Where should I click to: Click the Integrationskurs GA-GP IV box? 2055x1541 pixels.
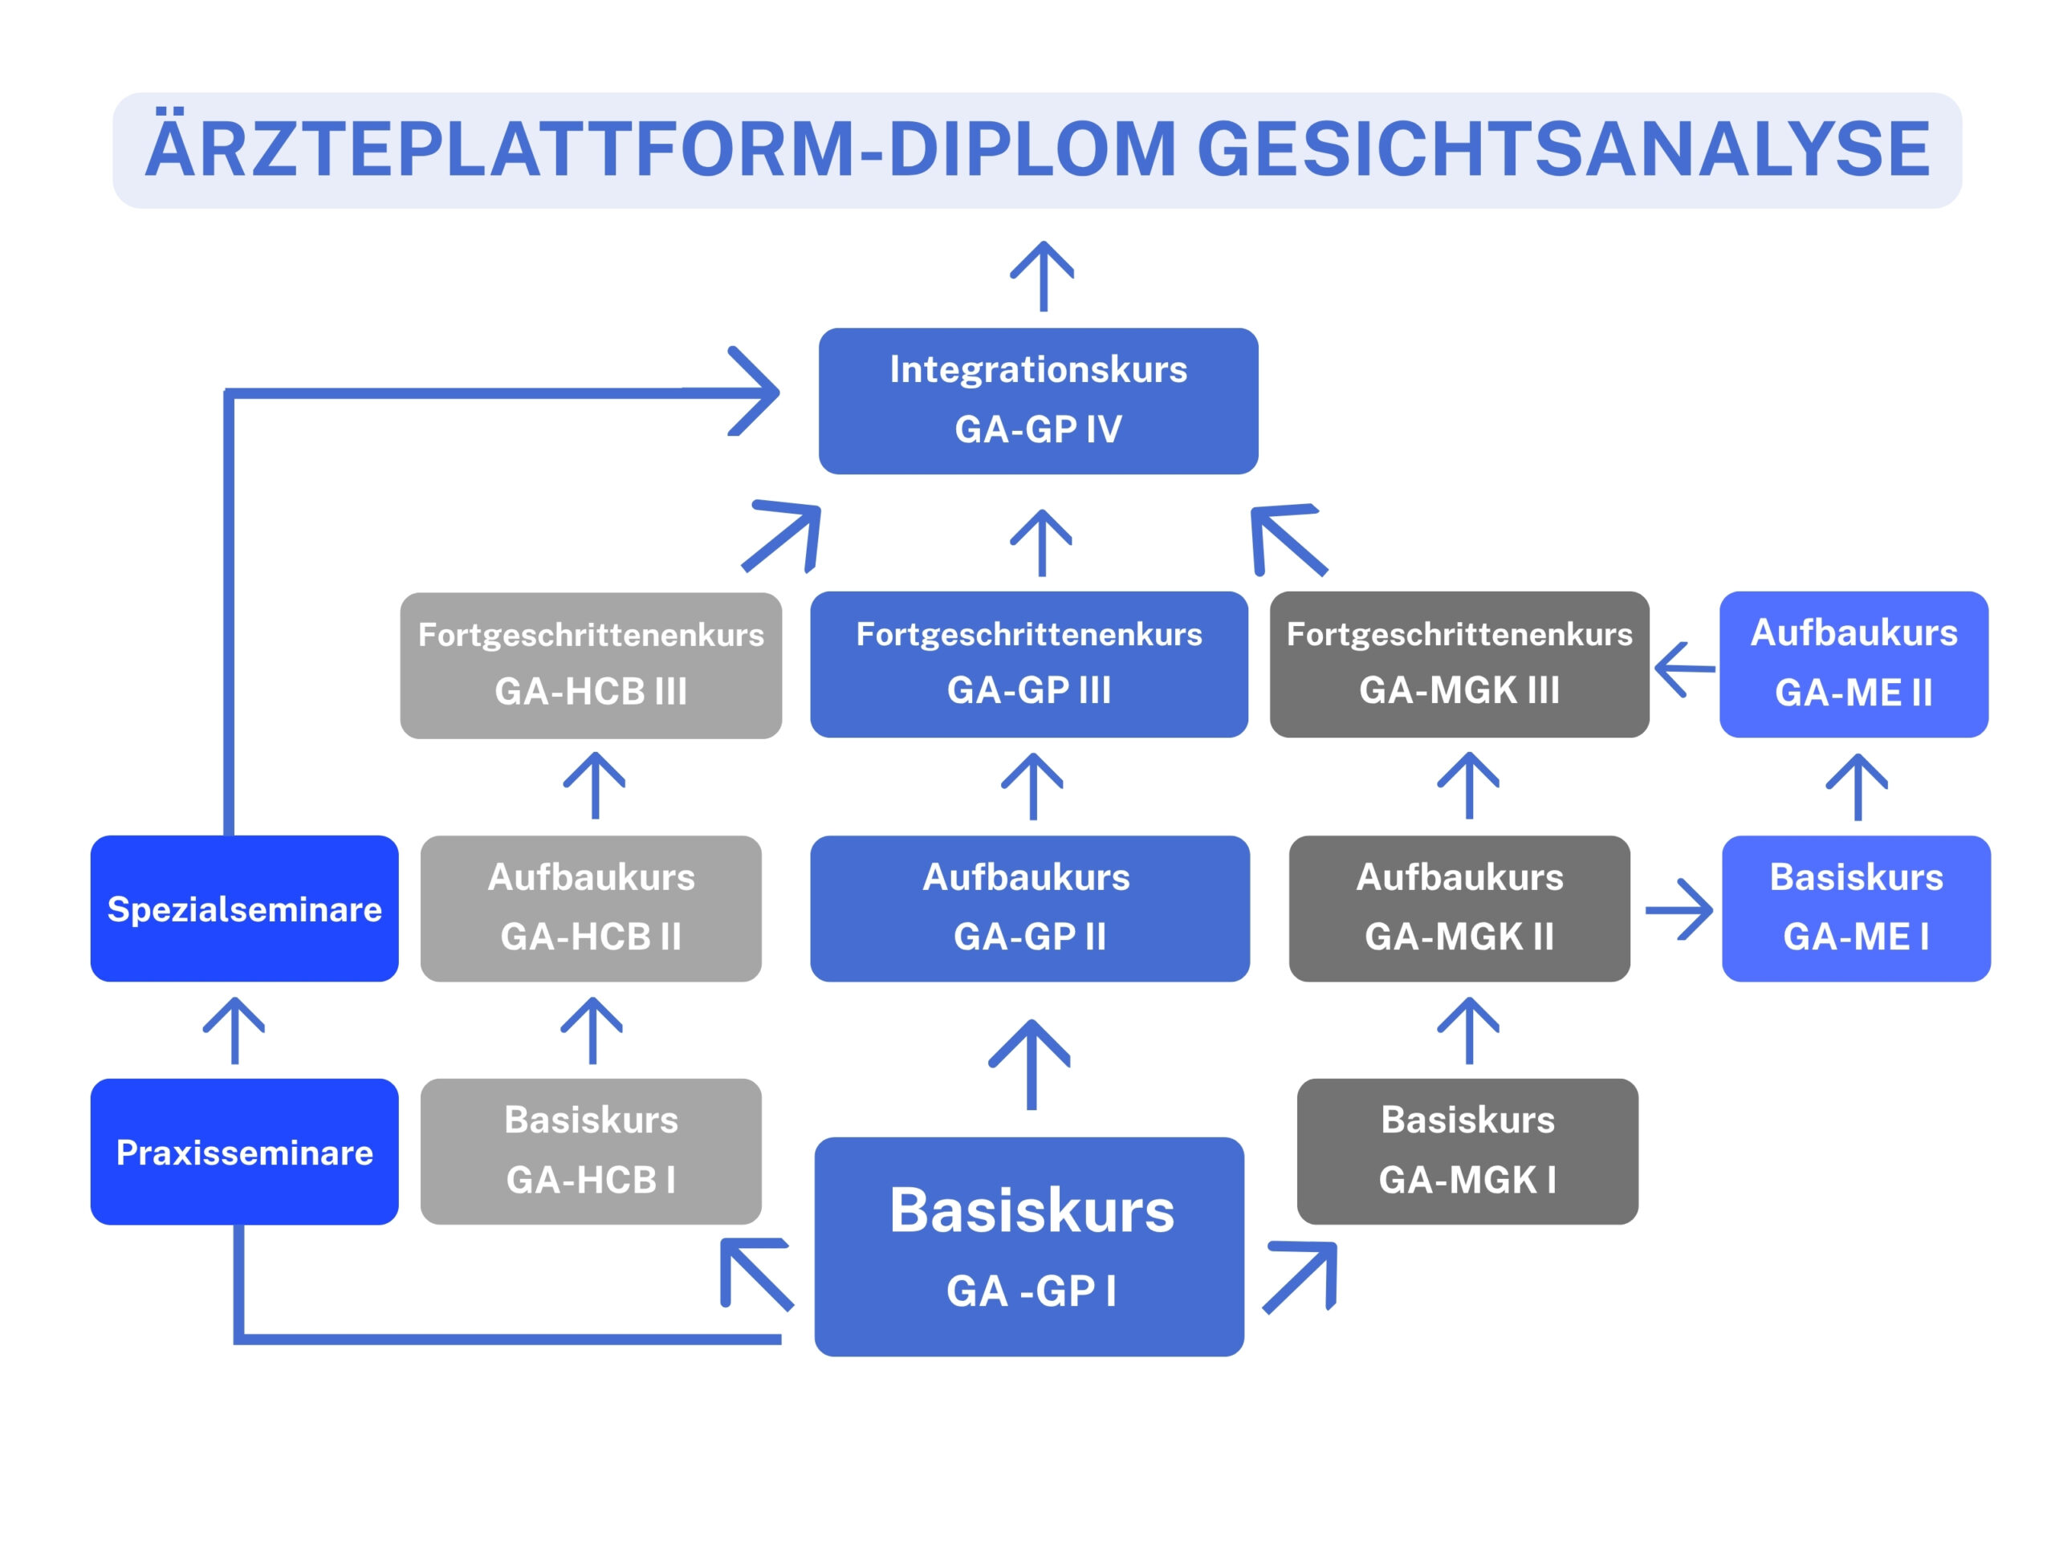click(x=1038, y=400)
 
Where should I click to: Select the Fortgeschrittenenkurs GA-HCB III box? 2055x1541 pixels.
click(x=591, y=665)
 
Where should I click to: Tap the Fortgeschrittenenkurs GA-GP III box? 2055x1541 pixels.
click(x=1028, y=664)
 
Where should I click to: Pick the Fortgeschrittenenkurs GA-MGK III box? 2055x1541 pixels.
click(x=1459, y=664)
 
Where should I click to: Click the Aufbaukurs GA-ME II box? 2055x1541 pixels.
click(x=1854, y=664)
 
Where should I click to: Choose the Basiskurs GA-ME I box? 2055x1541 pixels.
click(x=1855, y=909)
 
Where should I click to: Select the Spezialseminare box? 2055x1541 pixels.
click(x=244, y=909)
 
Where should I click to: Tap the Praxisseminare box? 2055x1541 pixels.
click(x=244, y=1152)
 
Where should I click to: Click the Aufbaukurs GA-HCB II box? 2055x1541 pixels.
click(x=591, y=909)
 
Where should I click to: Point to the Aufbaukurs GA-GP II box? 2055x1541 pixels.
click(x=1029, y=909)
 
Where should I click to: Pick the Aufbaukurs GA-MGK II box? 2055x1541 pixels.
click(x=1459, y=909)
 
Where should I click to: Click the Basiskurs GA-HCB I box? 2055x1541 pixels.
click(x=591, y=1151)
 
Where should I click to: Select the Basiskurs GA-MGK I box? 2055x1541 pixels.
click(x=1467, y=1151)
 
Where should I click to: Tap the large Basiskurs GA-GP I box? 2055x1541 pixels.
click(x=1029, y=1246)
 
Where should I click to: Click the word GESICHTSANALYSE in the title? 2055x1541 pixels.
click(x=1564, y=149)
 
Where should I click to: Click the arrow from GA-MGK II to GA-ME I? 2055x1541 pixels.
click(x=1679, y=910)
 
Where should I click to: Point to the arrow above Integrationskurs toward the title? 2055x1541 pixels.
click(x=1043, y=277)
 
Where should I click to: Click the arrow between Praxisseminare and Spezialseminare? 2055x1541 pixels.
click(x=234, y=1031)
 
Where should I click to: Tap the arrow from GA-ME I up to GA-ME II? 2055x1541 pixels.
click(x=1857, y=787)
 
